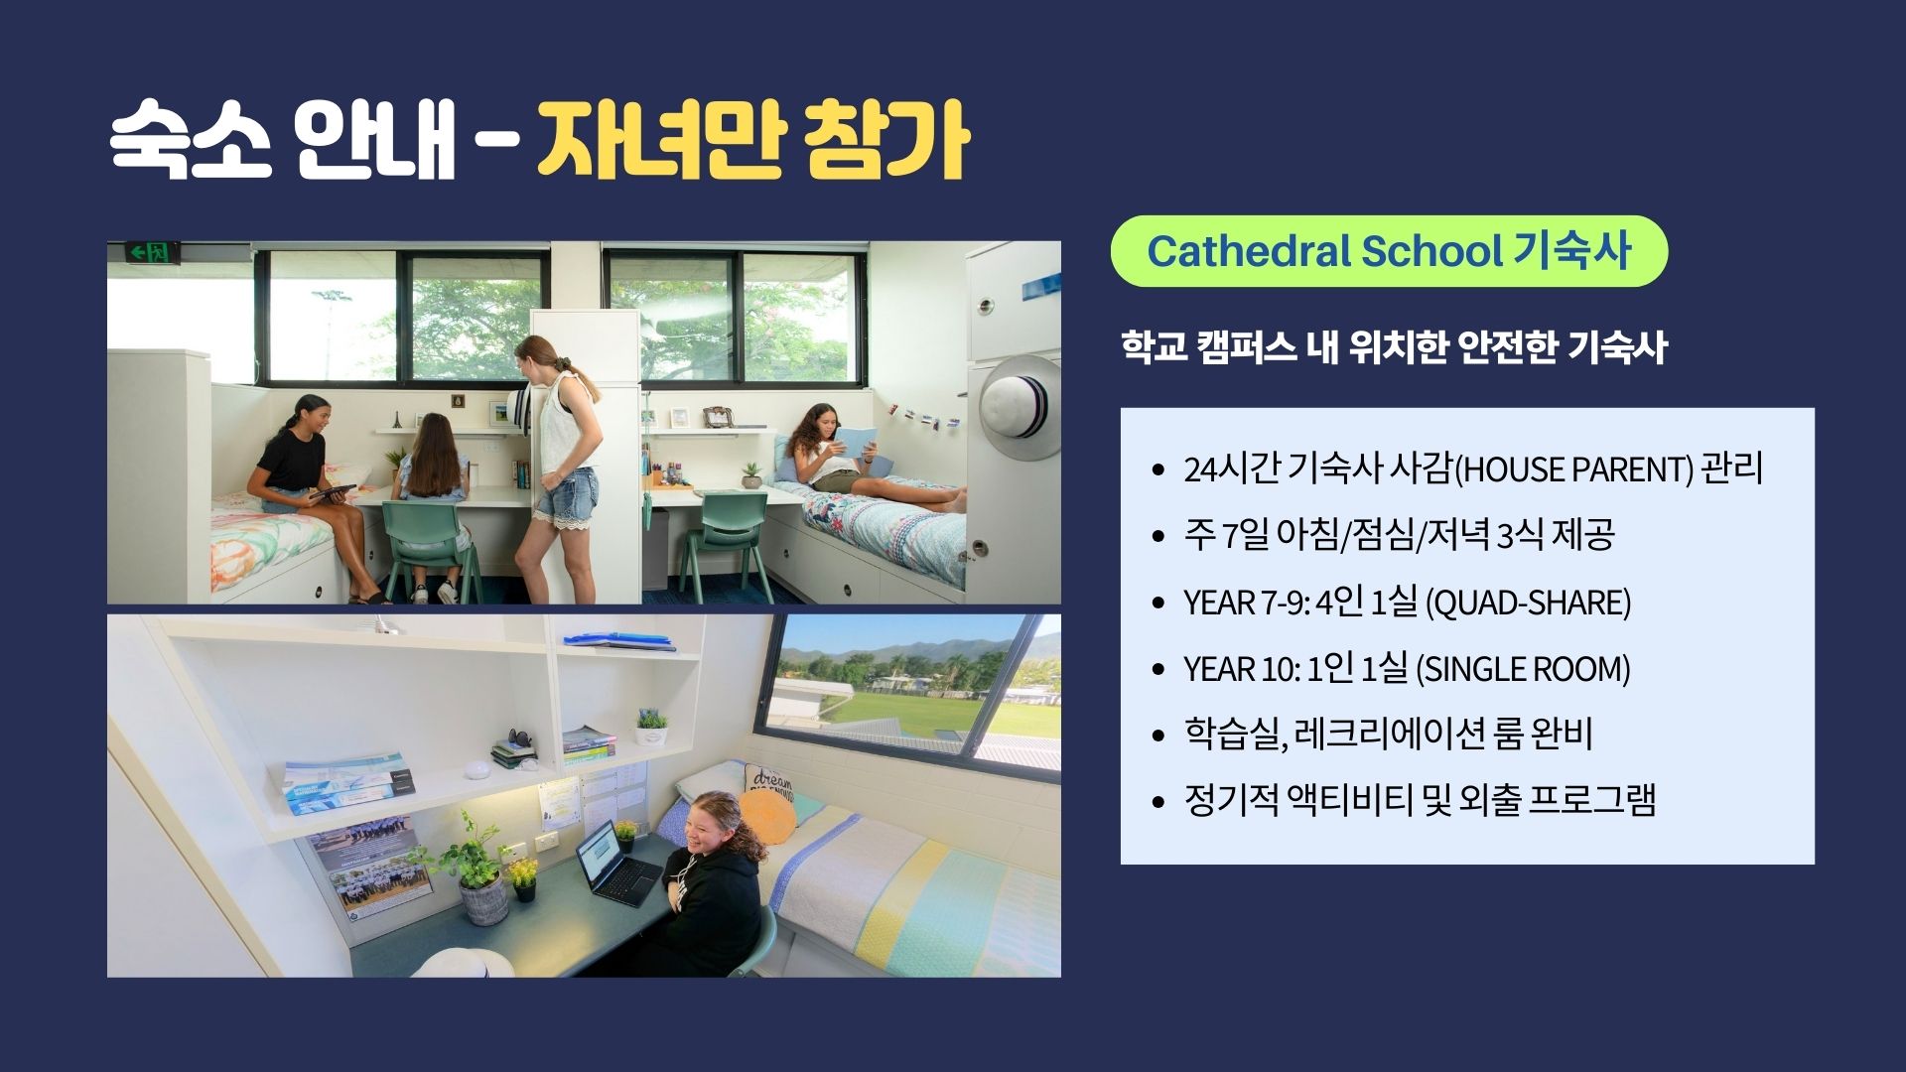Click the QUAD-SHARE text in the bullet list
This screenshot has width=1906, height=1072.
tap(1529, 603)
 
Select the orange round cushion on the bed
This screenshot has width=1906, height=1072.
tap(768, 816)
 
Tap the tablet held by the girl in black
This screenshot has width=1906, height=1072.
tap(332, 492)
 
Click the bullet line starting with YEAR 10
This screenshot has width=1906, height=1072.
tap(1406, 669)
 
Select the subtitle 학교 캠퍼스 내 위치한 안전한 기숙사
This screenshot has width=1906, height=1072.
tap(1394, 347)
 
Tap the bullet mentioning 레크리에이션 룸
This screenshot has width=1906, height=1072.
tap(1388, 735)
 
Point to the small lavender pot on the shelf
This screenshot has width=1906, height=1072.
tap(651, 728)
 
